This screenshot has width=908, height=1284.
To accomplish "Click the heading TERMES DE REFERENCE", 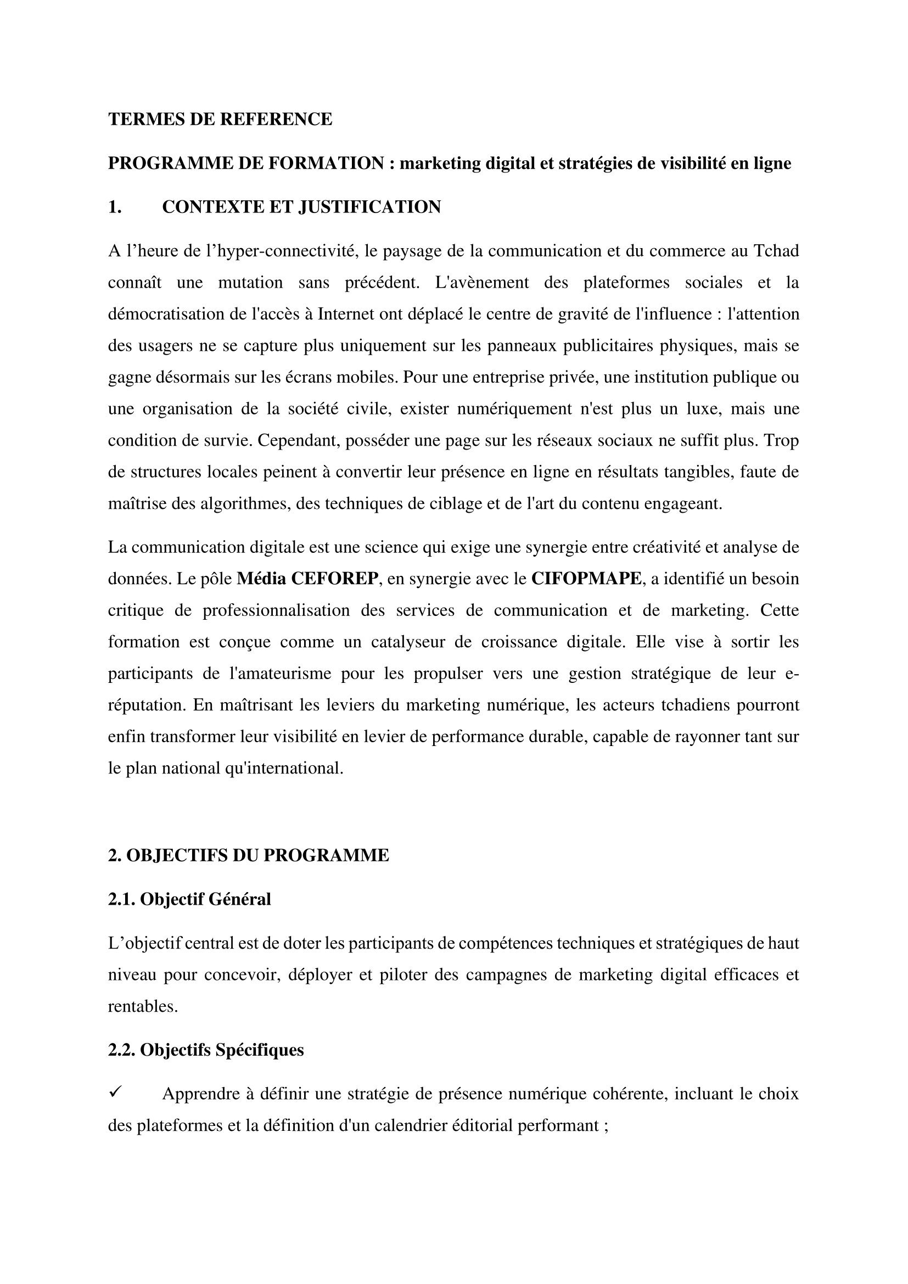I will click(220, 119).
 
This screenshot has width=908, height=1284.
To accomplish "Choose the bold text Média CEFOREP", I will click(307, 579).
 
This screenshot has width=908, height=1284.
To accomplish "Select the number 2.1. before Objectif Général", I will click(122, 899).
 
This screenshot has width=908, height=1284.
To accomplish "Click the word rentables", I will click(143, 1007).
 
